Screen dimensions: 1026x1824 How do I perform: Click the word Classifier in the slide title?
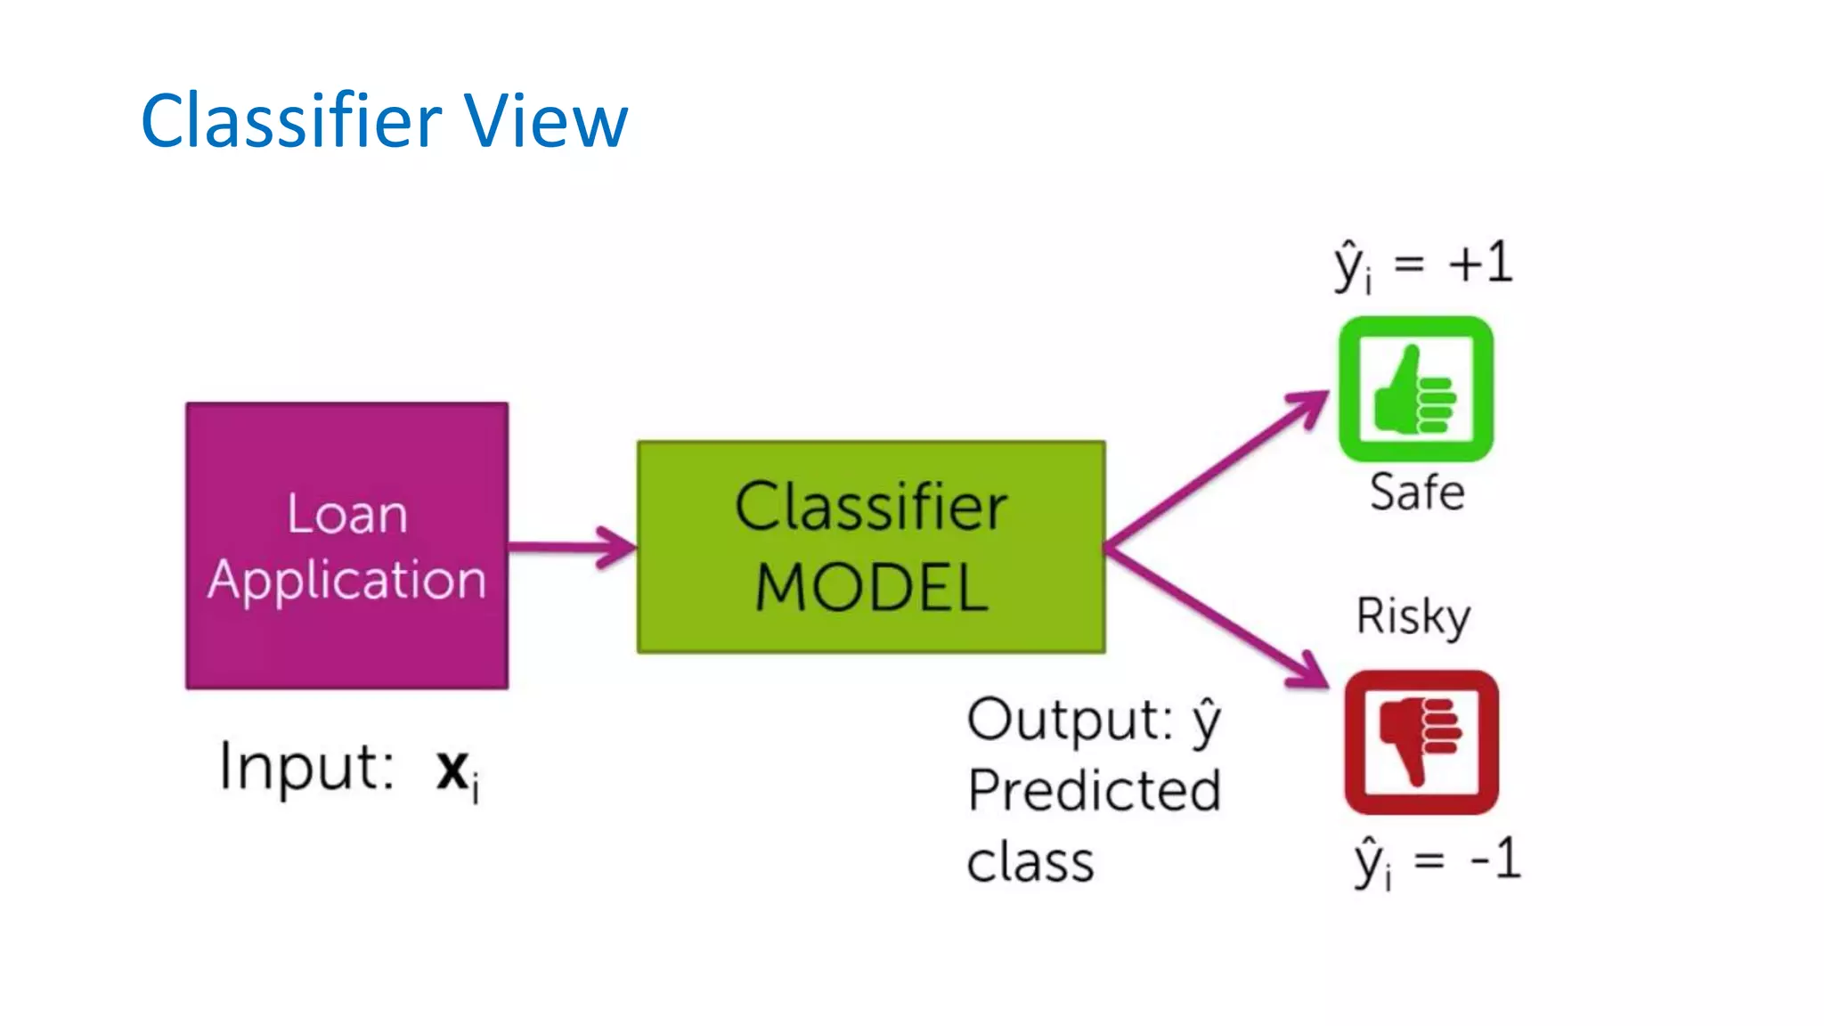pyautogui.click(x=291, y=120)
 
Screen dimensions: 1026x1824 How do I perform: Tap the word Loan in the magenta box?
pyautogui.click(x=346, y=515)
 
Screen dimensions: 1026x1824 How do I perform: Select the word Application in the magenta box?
pyautogui.click(x=346, y=581)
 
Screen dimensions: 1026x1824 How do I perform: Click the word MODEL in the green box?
pyautogui.click(x=871, y=588)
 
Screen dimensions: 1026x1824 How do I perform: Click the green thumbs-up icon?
pyautogui.click(x=1415, y=390)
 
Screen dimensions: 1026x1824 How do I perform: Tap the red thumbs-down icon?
pyautogui.click(x=1421, y=742)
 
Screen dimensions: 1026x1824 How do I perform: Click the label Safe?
pyautogui.click(x=1416, y=493)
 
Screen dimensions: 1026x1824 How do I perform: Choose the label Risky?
pyautogui.click(x=1413, y=616)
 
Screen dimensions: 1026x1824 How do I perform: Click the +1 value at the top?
pyautogui.click(x=1480, y=263)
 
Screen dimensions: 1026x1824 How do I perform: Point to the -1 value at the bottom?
pyautogui.click(x=1495, y=859)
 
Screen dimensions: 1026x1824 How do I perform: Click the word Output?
pyautogui.click(x=1069, y=720)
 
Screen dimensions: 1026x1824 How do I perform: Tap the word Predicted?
pyautogui.click(x=1094, y=791)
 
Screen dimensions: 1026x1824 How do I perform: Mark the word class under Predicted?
pyautogui.click(x=1030, y=863)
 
